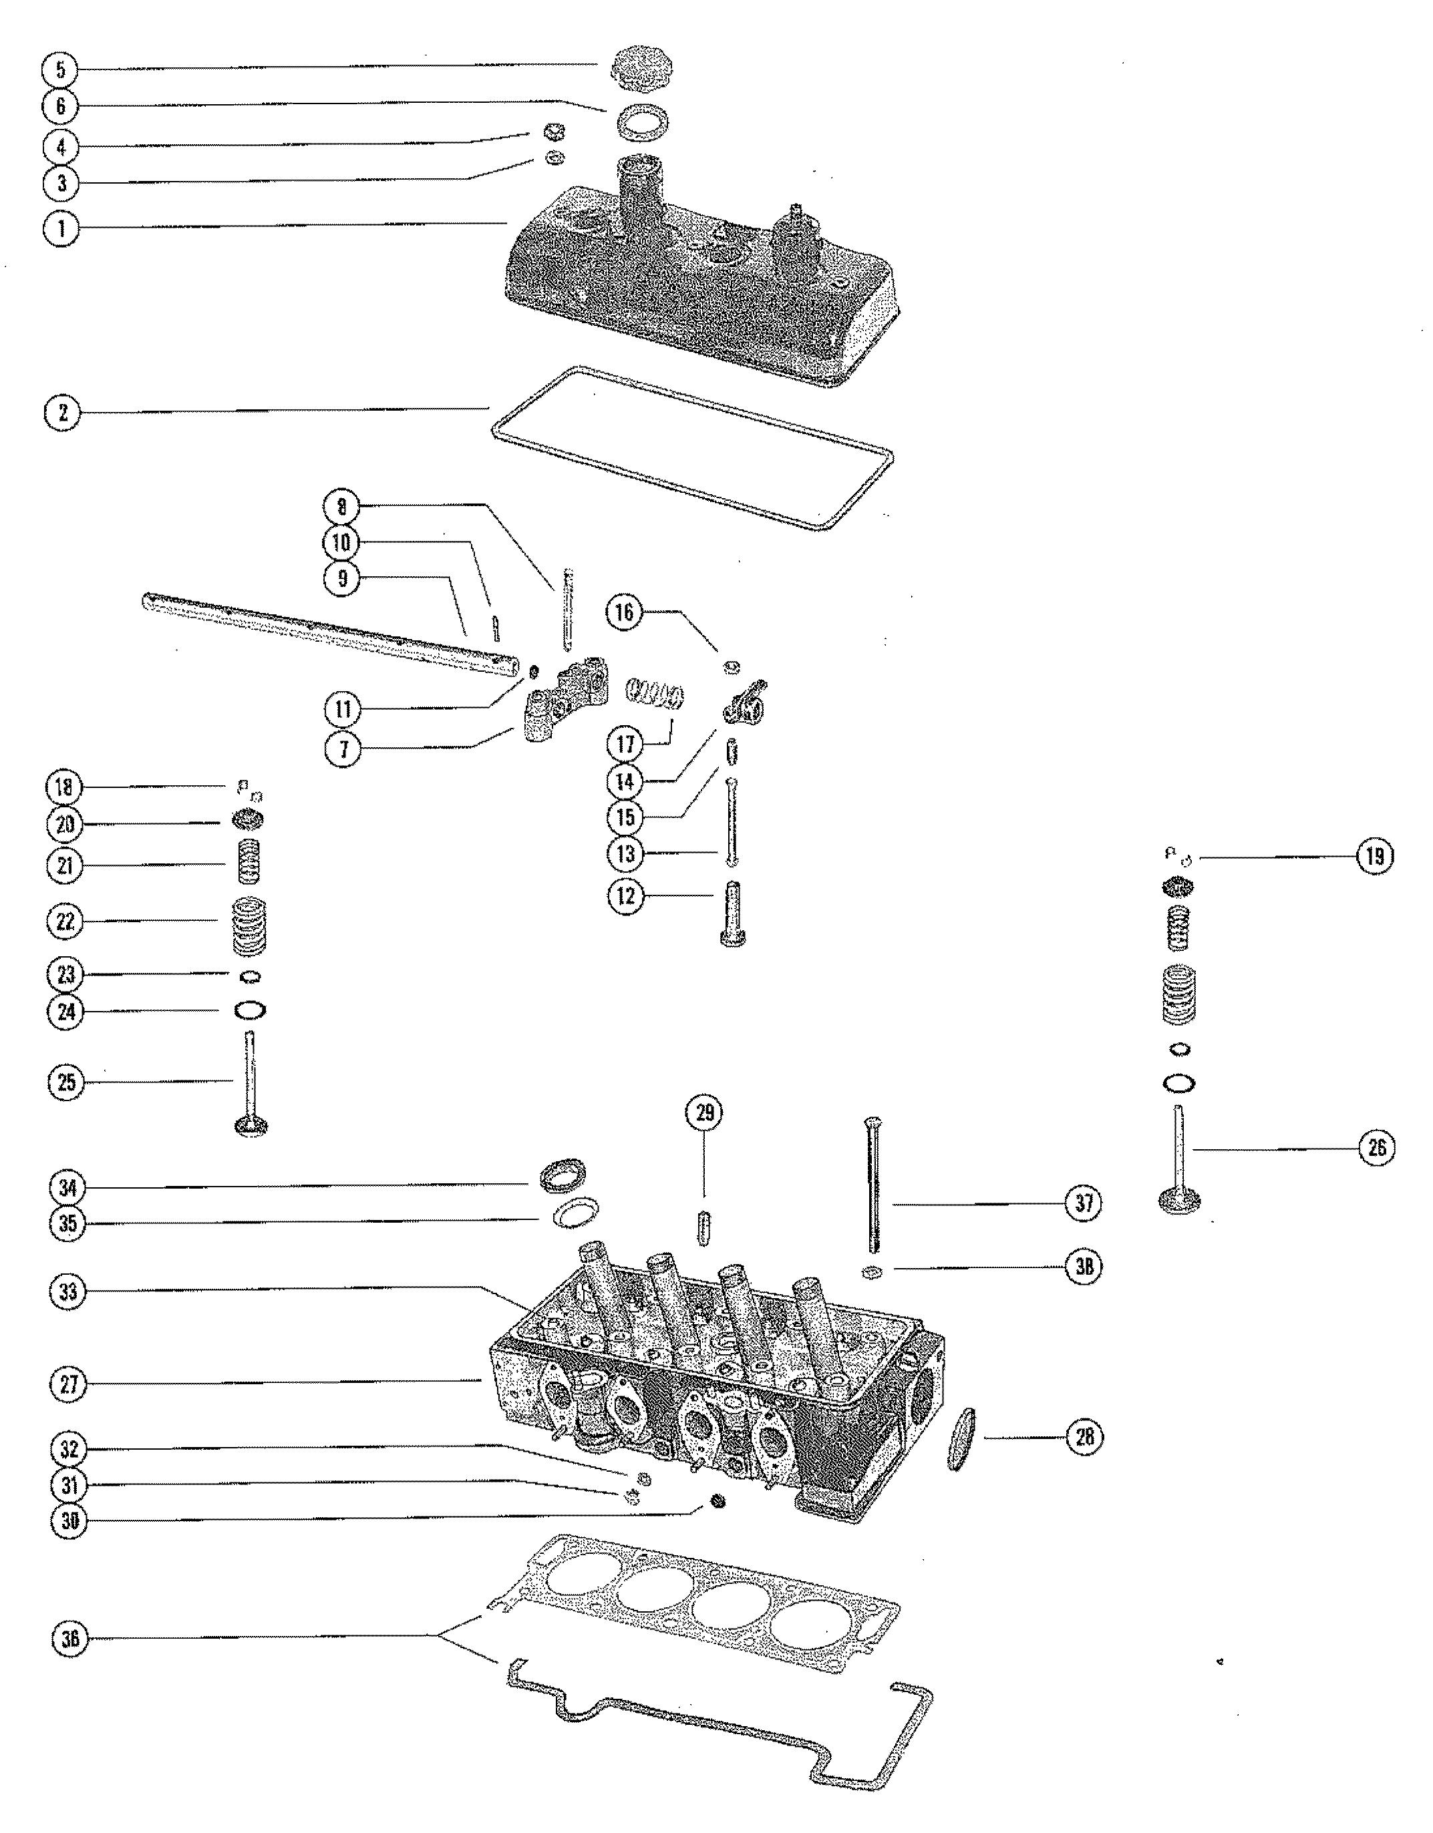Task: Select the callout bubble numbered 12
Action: pyautogui.click(x=625, y=895)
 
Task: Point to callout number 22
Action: pyautogui.click(x=65, y=922)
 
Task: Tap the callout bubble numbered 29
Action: pyautogui.click(x=703, y=1113)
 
